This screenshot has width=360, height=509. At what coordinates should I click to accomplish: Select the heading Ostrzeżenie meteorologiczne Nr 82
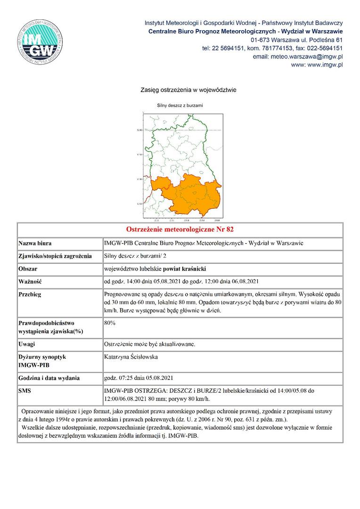coord(180,230)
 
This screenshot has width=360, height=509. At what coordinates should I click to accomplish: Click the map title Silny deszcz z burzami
coord(180,106)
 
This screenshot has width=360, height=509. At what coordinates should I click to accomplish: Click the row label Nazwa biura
coord(35,244)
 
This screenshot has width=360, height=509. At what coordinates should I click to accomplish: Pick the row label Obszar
coord(28,269)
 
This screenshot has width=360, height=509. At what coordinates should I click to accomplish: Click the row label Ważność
coord(30,282)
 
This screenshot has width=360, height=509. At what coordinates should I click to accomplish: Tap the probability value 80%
coord(110,323)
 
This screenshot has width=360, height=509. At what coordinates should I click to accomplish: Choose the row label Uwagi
coord(27,344)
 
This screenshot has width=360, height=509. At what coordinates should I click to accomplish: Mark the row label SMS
coord(25,391)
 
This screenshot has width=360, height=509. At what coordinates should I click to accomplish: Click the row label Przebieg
coord(30,295)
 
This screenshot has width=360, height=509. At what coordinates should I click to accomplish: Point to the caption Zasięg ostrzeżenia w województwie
coord(188,90)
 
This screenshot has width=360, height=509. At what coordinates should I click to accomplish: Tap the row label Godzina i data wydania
coord(49,378)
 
